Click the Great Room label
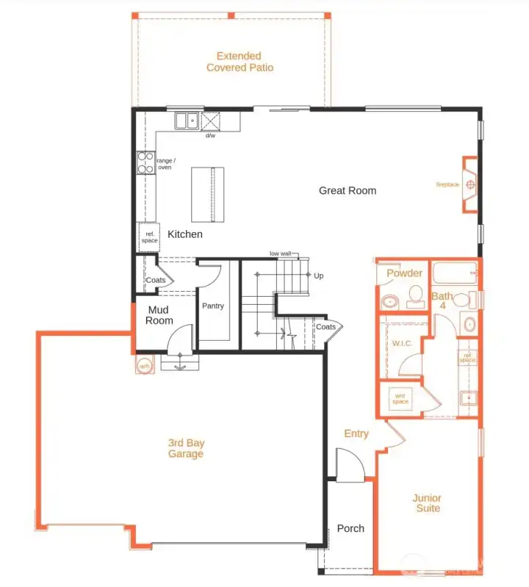tap(347, 190)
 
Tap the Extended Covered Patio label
tap(240, 62)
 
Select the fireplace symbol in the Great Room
tap(469, 184)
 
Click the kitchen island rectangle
tap(206, 194)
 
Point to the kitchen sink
tap(186, 120)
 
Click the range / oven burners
tap(145, 162)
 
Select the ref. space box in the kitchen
tap(148, 237)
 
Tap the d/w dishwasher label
tap(210, 136)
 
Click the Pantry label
tap(213, 306)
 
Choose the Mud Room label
tap(159, 315)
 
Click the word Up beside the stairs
tap(318, 276)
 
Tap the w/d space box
tap(400, 397)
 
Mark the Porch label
tap(350, 528)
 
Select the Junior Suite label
tap(426, 503)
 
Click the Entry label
tap(356, 433)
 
